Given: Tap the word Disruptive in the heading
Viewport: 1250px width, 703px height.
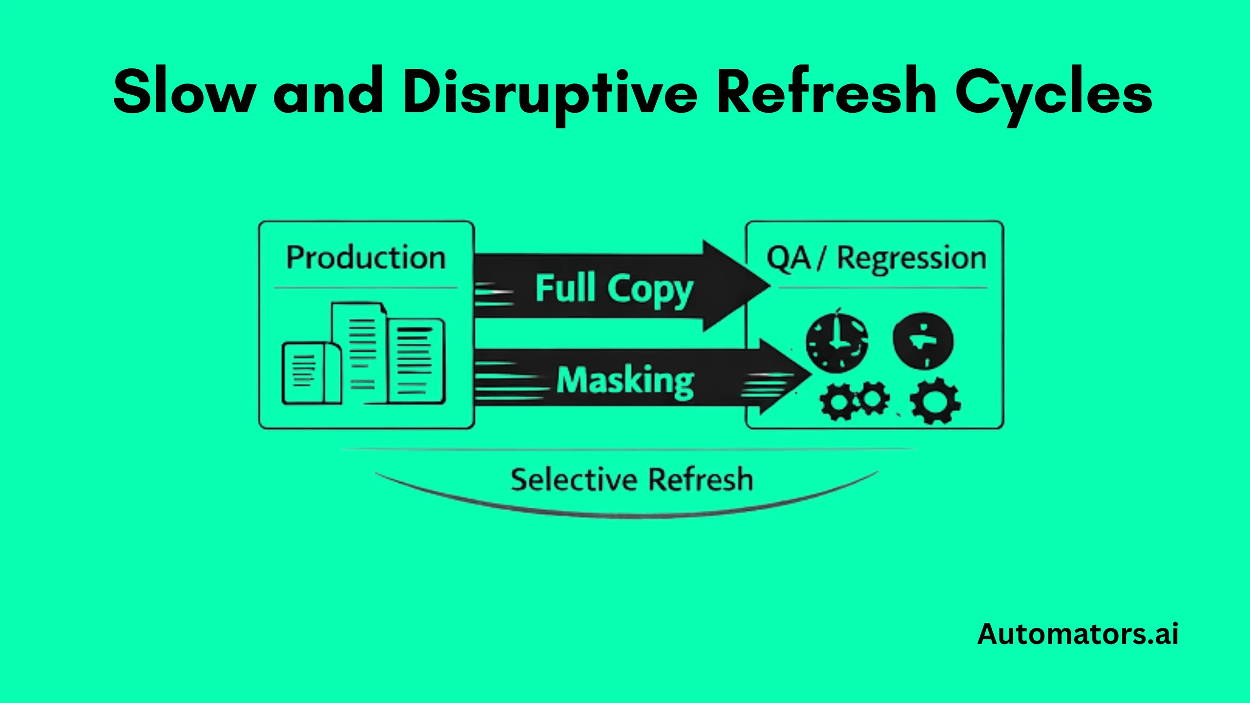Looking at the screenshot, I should coord(551,93).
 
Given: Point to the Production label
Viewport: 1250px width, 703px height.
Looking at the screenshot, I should coord(366,258).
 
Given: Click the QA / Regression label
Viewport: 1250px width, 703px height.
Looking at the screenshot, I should coord(876,258).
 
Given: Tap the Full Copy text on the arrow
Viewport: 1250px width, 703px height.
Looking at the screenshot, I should coord(614,289).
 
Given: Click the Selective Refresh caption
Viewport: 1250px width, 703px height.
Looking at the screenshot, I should coord(631,479).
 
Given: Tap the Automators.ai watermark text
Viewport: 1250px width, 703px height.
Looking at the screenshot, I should coord(1078,634).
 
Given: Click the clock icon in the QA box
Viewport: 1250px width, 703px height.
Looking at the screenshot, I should coord(836,342).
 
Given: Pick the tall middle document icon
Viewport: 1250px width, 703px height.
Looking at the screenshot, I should coord(359,351).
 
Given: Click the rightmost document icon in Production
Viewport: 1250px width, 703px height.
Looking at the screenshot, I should coord(416,361).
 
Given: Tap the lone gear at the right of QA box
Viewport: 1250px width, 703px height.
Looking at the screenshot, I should coord(936,401).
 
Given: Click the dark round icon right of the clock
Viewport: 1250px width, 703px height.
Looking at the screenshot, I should coord(922,340).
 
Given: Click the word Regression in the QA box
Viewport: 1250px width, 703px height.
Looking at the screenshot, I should coord(912,258).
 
